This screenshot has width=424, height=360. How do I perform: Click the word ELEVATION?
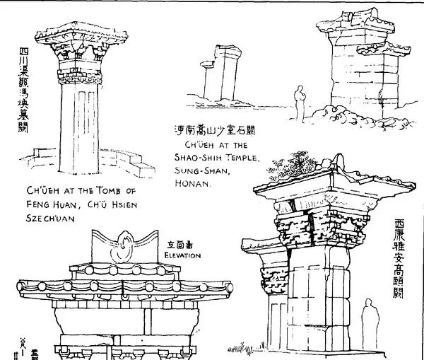(182, 255)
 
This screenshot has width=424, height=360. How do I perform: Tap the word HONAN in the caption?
(192, 182)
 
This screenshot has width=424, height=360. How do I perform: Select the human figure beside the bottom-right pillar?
(368, 320)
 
